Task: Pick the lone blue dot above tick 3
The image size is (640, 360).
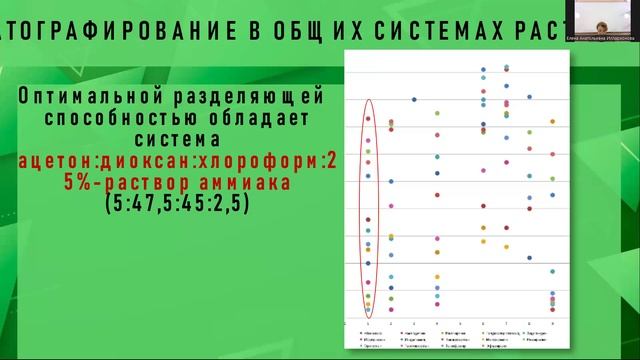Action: (x=414, y=99)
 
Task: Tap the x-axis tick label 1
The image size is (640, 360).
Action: (x=368, y=324)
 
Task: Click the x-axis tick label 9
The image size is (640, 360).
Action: (x=554, y=324)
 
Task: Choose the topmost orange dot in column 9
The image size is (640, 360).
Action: (x=554, y=124)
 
